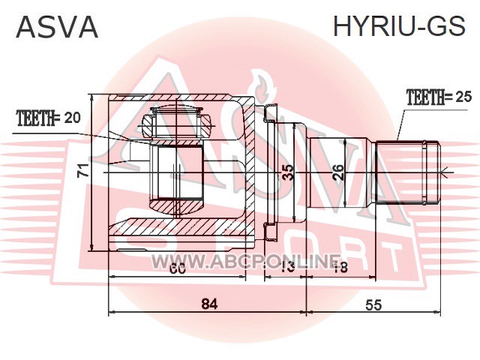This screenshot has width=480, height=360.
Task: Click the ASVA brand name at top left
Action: [x=57, y=27]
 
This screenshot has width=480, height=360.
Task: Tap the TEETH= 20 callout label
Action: [x=49, y=118]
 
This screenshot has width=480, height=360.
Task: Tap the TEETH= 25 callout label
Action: [x=439, y=97]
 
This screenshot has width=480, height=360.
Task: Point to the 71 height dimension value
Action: [x=83, y=170]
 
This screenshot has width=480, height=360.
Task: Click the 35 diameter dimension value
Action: [x=288, y=173]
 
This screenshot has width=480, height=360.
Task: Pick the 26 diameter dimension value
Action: [x=338, y=172]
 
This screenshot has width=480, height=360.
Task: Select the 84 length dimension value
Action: [x=209, y=304]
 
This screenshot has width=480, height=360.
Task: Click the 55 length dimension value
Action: [x=373, y=305]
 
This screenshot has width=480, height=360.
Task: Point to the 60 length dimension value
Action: [x=178, y=268]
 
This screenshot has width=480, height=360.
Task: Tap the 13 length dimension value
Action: [x=287, y=268]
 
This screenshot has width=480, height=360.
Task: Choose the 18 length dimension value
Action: [x=340, y=268]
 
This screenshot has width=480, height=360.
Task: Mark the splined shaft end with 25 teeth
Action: [x=408, y=172]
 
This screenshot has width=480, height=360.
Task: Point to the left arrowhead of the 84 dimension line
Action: [x=112, y=312]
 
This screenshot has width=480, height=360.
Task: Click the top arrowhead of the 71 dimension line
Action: [x=91, y=97]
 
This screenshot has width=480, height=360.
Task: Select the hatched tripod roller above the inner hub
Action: [x=177, y=122]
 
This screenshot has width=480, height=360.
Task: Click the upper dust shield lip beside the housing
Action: [x=269, y=112]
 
